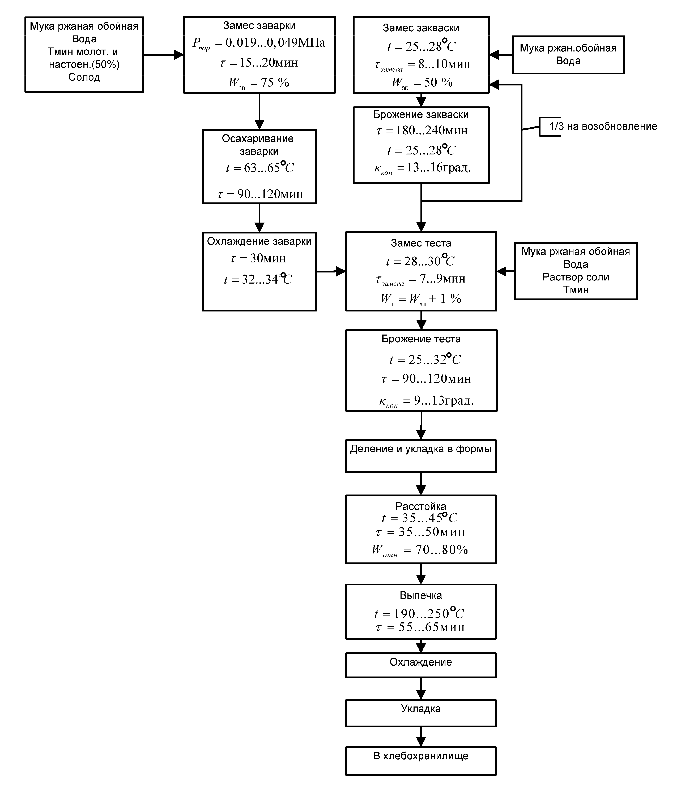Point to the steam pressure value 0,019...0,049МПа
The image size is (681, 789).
(275, 43)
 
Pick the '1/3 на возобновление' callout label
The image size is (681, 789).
(603, 126)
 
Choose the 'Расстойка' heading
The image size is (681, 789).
(421, 506)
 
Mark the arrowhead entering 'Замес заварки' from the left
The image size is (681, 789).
(179, 54)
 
